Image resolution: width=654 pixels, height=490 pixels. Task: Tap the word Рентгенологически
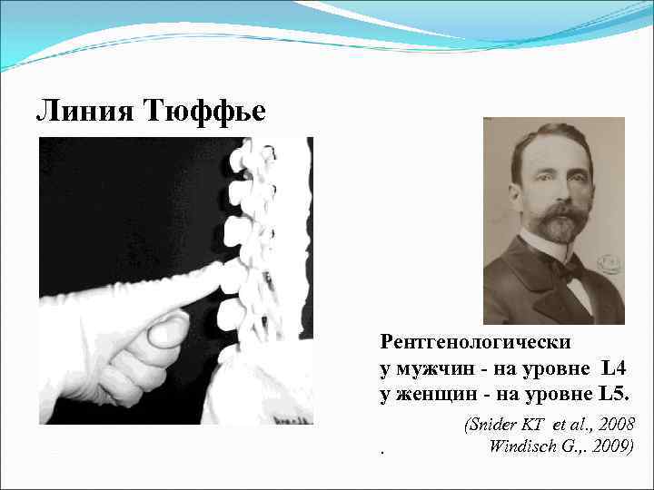(x=476, y=342)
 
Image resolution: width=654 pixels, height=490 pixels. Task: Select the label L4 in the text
(x=613, y=368)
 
